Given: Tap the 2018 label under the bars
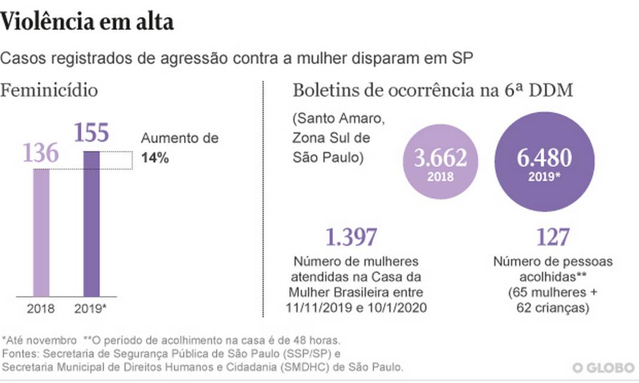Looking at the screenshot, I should [41, 308].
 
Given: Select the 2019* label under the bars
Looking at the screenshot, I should [92, 308].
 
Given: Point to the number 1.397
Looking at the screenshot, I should [351, 237].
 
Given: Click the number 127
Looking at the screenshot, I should [553, 237].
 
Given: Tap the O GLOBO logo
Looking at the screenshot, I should [604, 368].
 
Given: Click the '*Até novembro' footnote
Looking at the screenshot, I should [39, 340].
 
